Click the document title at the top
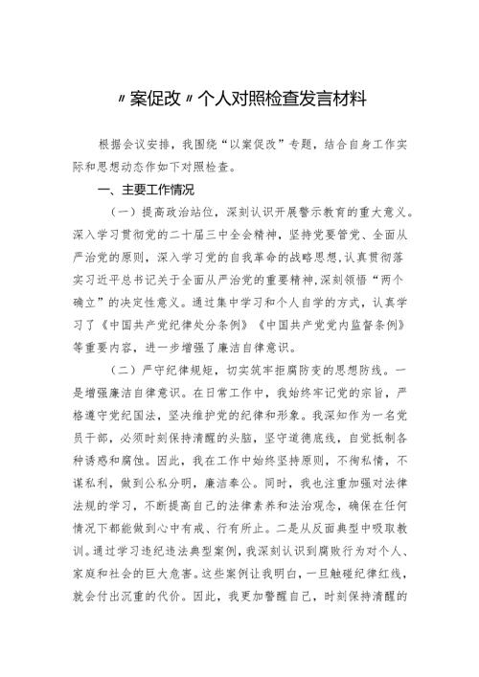[239, 99]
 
